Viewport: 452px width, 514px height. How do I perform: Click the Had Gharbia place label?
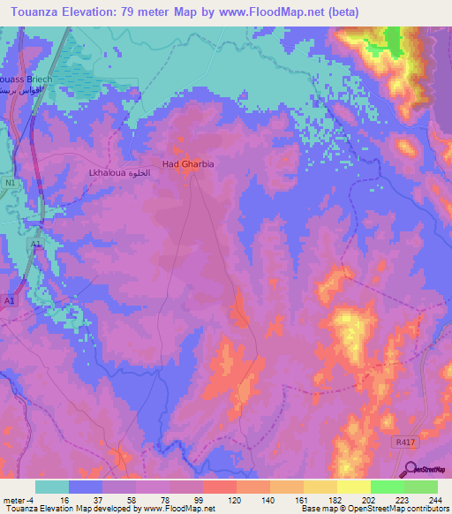pos(187,164)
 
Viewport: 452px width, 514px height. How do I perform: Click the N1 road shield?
pos(11,183)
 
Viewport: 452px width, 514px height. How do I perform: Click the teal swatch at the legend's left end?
pos(52,487)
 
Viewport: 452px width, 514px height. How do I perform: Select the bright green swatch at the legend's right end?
pos(420,487)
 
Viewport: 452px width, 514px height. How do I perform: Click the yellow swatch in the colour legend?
pos(353,487)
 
